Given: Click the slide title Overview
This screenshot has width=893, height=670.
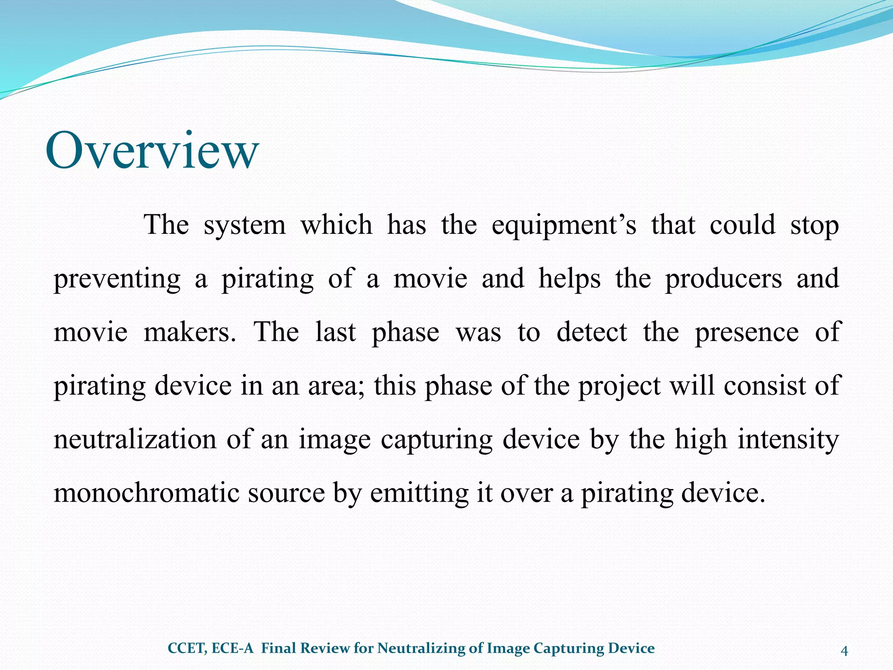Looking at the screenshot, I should (x=152, y=150).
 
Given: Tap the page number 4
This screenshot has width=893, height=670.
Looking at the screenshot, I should (x=844, y=651).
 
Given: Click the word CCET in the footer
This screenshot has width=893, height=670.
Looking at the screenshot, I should (x=187, y=649).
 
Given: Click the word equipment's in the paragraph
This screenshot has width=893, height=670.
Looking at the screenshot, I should (x=564, y=226).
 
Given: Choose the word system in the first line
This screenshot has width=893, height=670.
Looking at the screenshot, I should (x=245, y=226).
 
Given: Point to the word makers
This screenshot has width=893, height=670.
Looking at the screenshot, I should (x=190, y=332).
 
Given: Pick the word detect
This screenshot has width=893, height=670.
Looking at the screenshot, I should (x=592, y=332).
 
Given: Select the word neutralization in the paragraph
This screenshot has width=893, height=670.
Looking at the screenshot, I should (x=135, y=439).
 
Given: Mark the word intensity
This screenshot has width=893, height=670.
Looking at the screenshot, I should (x=788, y=439).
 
